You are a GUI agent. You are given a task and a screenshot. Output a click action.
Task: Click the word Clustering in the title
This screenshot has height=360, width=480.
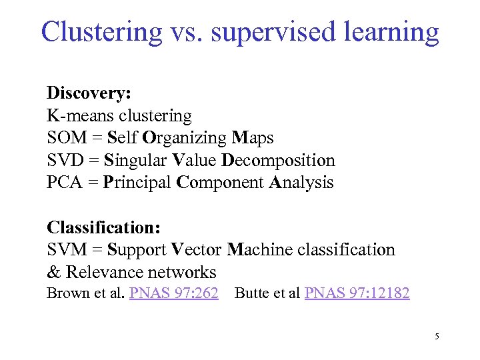point(101,31)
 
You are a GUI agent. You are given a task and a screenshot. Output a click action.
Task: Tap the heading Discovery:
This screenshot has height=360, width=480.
point(89,93)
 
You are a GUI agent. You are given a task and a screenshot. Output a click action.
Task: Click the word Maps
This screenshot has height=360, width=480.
point(253,138)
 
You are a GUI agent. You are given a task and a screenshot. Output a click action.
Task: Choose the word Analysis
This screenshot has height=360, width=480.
point(301,183)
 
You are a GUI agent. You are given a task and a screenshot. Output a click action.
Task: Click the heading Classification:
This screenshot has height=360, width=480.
point(103,227)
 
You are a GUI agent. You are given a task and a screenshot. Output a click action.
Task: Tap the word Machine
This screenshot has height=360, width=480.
point(259,250)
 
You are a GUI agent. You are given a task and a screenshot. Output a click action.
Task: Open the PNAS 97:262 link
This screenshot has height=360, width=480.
point(174,293)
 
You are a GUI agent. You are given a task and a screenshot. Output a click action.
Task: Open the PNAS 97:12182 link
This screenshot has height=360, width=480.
point(357,293)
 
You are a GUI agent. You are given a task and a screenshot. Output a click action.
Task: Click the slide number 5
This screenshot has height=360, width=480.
point(437,337)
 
